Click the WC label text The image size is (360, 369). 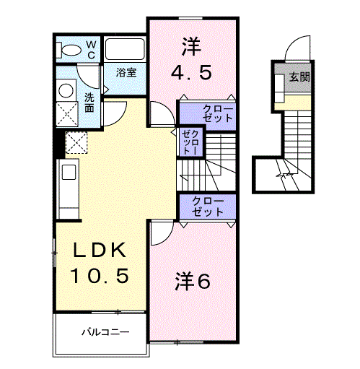pos(92,48)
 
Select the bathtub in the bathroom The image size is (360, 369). pos(126,50)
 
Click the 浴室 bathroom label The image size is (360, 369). pos(128,72)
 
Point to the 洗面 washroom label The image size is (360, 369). pos(89,103)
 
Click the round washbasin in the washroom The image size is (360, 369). pos(67,90)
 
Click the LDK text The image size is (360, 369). pos(101,251)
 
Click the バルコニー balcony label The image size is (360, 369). pos(104,334)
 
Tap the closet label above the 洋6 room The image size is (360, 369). pos(208,206)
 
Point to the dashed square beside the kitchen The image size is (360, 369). pos(75,143)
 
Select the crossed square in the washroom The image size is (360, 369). pos(68,115)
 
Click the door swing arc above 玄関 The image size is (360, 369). pos(297,49)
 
